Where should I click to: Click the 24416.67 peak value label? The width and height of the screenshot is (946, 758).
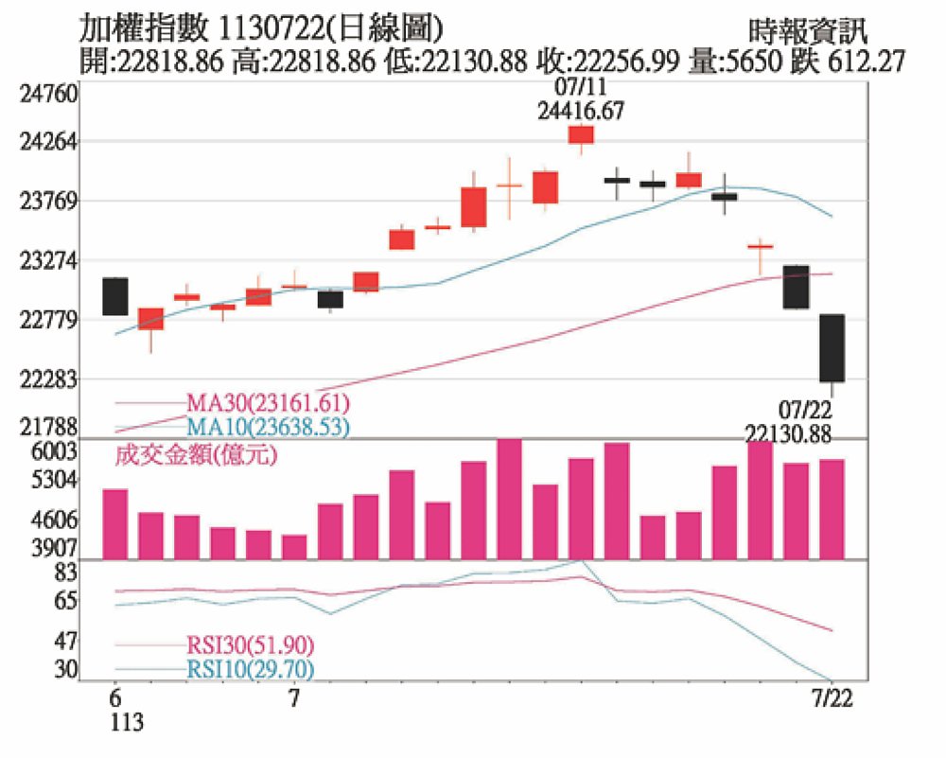pos(581,110)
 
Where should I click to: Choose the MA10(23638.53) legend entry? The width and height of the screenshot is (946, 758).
pos(269,427)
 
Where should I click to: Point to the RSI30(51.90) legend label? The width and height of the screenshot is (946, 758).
pos(251,646)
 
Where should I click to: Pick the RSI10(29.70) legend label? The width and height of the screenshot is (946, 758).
pos(251,670)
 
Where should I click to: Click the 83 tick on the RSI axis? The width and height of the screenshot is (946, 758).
pos(65,572)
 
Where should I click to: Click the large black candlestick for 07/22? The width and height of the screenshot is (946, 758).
pos(832,348)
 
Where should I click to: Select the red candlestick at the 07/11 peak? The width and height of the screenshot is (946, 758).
pos(581,134)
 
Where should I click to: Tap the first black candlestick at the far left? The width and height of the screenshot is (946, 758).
pos(115,296)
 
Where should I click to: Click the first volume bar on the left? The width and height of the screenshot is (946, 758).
pos(115,523)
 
